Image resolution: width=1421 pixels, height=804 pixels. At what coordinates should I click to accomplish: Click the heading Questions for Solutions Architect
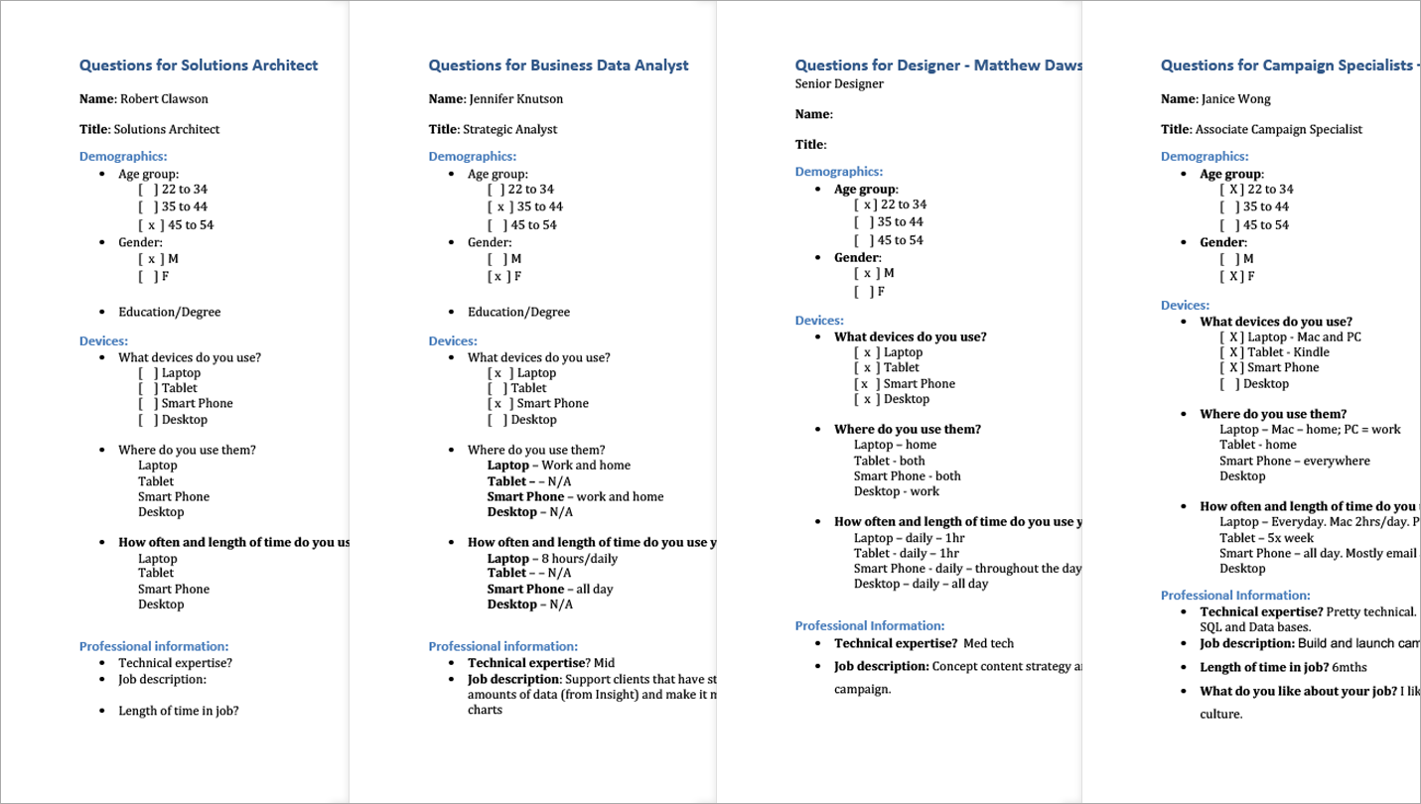[199, 66]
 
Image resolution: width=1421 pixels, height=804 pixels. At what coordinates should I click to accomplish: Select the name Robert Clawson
[164, 99]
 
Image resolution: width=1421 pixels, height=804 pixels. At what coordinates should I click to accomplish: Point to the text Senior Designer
[839, 84]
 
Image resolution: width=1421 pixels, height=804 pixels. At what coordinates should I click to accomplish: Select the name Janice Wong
[1235, 99]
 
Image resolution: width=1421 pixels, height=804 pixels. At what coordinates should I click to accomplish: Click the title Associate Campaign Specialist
[1279, 129]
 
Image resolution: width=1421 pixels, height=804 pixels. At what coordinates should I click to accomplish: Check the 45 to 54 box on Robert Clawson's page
[149, 225]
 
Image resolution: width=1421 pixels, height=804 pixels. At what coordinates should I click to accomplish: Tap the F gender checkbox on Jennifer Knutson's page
[498, 277]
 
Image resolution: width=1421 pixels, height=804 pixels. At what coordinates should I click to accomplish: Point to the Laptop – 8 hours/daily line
[552, 559]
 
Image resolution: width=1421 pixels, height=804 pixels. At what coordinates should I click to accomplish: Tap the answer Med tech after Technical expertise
[988, 644]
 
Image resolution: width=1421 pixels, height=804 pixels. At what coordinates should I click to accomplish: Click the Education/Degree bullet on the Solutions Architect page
[169, 313]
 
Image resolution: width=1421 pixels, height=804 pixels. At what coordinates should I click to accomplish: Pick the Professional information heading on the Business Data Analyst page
[502, 646]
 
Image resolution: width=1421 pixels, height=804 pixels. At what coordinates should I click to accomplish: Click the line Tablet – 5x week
[1266, 538]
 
